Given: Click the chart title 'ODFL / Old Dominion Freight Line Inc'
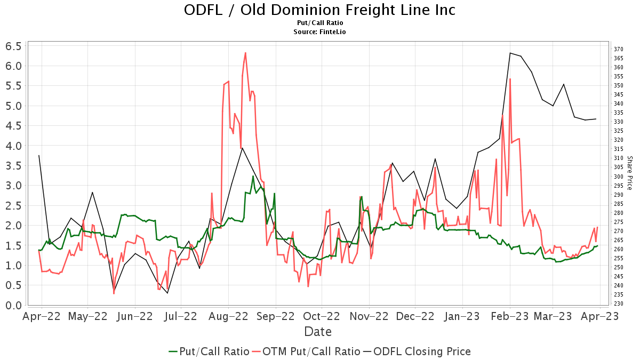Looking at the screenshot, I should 319,10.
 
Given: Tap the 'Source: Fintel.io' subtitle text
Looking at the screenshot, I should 319,32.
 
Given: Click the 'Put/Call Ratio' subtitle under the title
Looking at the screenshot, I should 319,23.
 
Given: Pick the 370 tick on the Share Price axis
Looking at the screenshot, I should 618,49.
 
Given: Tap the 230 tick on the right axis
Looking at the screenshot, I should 618,303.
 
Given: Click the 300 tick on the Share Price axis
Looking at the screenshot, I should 618,177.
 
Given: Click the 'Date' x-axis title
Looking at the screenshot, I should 318,332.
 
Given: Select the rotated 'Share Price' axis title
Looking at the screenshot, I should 629,173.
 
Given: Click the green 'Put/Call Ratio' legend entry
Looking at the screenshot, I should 209,351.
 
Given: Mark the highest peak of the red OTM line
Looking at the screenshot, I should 245,53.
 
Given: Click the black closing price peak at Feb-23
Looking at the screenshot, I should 510,53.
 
